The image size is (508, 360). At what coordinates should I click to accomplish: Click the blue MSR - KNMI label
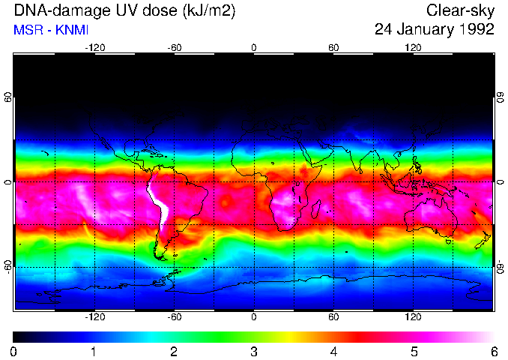click(x=51, y=30)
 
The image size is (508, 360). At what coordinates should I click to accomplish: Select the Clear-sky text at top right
click(x=460, y=11)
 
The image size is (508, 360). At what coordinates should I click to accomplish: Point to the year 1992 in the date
click(x=475, y=30)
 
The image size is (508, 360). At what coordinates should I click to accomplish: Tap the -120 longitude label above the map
click(x=94, y=47)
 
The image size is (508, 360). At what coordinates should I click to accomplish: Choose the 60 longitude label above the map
click(x=333, y=47)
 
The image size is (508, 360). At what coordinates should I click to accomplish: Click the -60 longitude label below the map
click(x=174, y=317)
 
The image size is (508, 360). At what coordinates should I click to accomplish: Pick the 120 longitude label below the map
click(x=413, y=317)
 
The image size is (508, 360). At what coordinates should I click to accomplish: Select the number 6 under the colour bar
click(x=493, y=351)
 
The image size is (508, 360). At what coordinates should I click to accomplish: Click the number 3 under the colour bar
click(x=253, y=351)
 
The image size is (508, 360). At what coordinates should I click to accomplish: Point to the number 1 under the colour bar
click(x=94, y=351)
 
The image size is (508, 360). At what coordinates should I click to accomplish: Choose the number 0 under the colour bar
click(x=14, y=351)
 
